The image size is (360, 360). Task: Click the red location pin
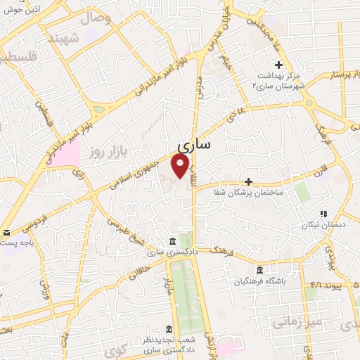(181, 166)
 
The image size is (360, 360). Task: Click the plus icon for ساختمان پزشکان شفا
(248, 162)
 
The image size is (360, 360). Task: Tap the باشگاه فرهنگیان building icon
(260, 271)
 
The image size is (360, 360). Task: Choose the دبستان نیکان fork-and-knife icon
(324, 214)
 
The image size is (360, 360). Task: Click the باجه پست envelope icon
(6, 233)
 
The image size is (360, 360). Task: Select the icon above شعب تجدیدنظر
(169, 329)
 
